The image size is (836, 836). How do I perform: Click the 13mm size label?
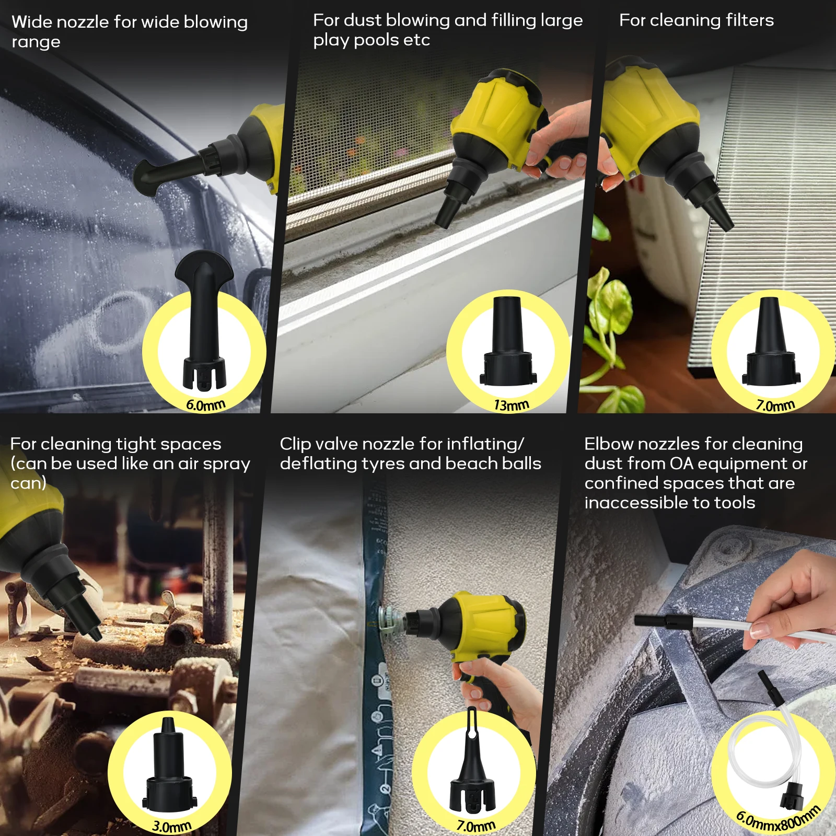pyautogui.click(x=511, y=405)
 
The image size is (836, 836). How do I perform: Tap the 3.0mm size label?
pyautogui.click(x=172, y=826)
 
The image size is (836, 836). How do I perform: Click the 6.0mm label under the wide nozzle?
pyautogui.click(x=205, y=405)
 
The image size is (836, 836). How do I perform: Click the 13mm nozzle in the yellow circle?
pyautogui.click(x=508, y=342)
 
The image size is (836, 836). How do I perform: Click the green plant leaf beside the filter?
pyautogui.click(x=609, y=303)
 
